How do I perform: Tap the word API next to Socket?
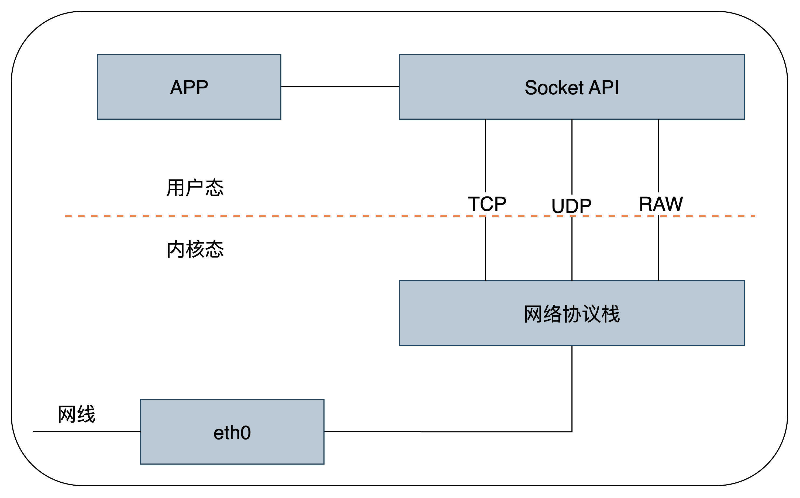(x=604, y=88)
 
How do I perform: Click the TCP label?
(x=487, y=204)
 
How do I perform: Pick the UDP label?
(x=572, y=206)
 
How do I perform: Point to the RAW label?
(x=661, y=204)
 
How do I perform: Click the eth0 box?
(x=232, y=432)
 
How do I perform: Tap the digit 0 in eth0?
(x=245, y=433)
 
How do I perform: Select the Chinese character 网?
(x=533, y=314)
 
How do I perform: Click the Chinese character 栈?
(x=611, y=314)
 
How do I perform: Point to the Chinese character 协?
(x=572, y=314)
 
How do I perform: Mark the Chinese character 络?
(x=553, y=314)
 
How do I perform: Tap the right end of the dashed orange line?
(x=754, y=216)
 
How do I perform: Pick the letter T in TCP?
(x=475, y=204)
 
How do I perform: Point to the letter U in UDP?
(x=558, y=206)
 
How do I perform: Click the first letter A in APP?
(x=177, y=88)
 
